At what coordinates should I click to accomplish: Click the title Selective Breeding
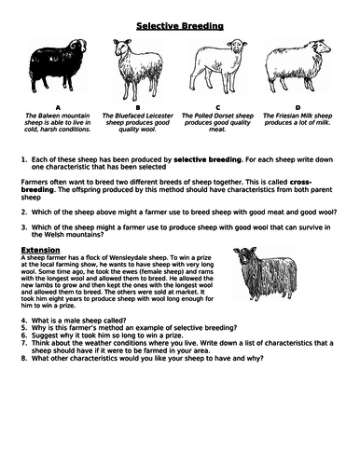(181, 26)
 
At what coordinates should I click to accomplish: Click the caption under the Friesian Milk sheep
(298, 125)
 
